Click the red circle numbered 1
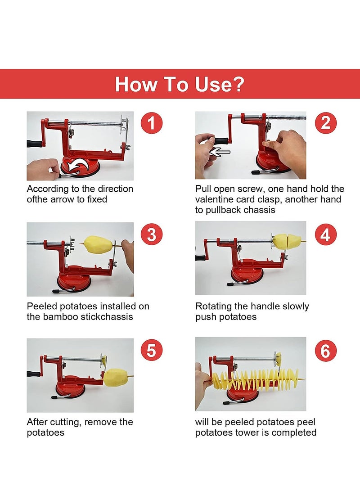point(151,123)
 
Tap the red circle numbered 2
point(325,123)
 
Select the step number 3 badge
point(151,234)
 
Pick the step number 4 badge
point(325,234)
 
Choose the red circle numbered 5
point(151,350)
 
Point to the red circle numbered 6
point(325,350)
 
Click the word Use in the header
point(219,84)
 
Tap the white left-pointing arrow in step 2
point(220,152)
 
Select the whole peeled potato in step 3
point(98,245)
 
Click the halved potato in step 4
point(287,242)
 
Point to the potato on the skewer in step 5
point(116,377)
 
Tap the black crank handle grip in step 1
point(34,144)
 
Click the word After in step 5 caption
point(37,422)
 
